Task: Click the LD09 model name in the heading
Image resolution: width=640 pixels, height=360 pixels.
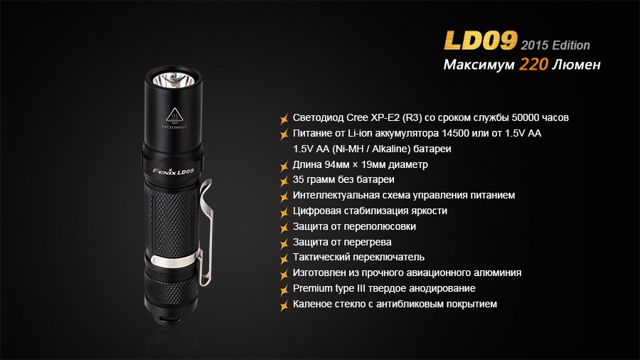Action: coord(481,40)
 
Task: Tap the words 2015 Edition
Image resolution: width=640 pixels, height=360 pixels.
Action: coord(555,45)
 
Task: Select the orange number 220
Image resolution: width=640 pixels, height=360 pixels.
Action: coord(533,65)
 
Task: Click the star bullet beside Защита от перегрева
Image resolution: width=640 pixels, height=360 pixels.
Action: coord(284,242)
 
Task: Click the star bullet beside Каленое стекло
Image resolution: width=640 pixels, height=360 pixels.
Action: coord(284,305)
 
